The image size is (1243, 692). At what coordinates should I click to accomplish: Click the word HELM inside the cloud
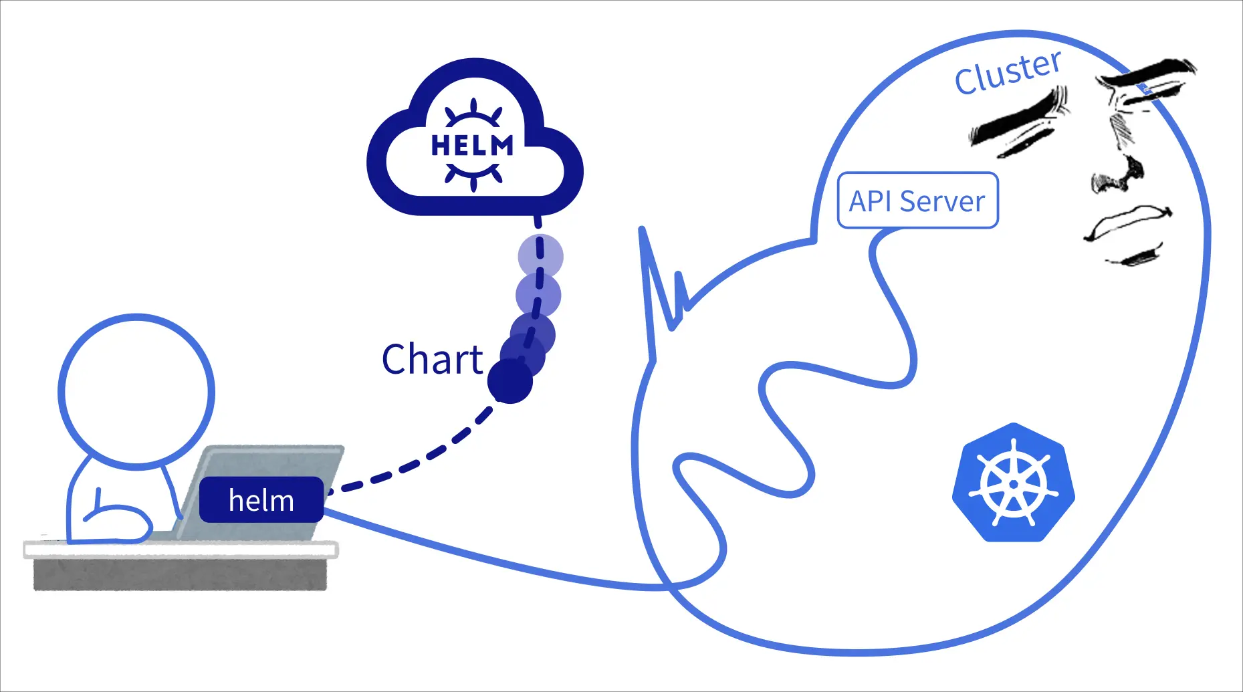coord(472,145)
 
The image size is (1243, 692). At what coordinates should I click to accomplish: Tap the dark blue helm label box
coord(261,500)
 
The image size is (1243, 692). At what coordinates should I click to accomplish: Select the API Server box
coord(917,201)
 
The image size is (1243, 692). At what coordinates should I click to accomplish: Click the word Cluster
coord(1007,72)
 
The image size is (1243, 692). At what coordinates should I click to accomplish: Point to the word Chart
coord(432,360)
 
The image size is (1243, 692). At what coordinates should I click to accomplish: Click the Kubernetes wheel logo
coord(1013,482)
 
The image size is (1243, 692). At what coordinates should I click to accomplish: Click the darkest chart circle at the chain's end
coord(510,382)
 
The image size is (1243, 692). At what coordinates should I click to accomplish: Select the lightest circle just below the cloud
coord(540,256)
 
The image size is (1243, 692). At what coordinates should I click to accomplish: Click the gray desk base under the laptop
coord(181,574)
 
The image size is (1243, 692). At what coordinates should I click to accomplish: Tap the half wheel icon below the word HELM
coord(473,175)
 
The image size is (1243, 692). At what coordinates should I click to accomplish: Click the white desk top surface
coord(181,550)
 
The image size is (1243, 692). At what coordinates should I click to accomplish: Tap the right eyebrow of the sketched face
coord(1150,74)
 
